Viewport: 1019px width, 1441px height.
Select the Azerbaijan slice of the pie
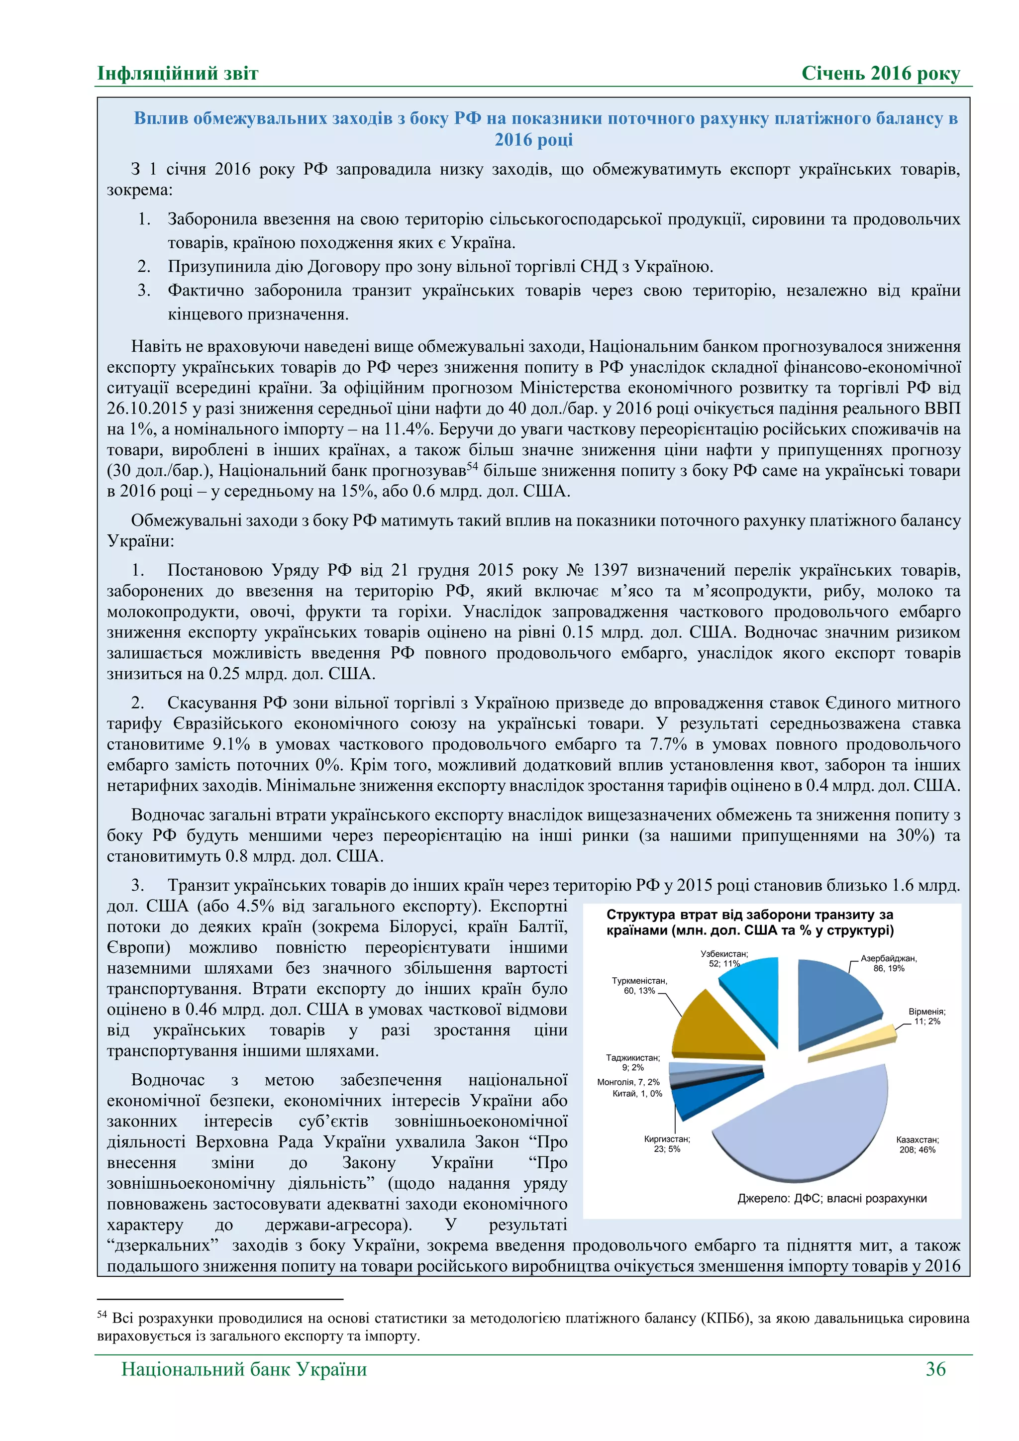[x=834, y=998]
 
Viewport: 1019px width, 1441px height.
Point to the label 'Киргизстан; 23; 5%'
[x=666, y=1143]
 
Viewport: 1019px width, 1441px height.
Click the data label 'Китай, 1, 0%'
[x=637, y=1093]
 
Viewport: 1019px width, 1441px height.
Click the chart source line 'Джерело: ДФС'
[x=831, y=1198]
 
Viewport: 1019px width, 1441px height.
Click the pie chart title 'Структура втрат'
[x=750, y=923]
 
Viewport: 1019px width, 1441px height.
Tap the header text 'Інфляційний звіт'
[x=178, y=74]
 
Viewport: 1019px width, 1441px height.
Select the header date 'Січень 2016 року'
[x=880, y=74]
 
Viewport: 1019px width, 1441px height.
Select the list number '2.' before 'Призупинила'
[x=144, y=267]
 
